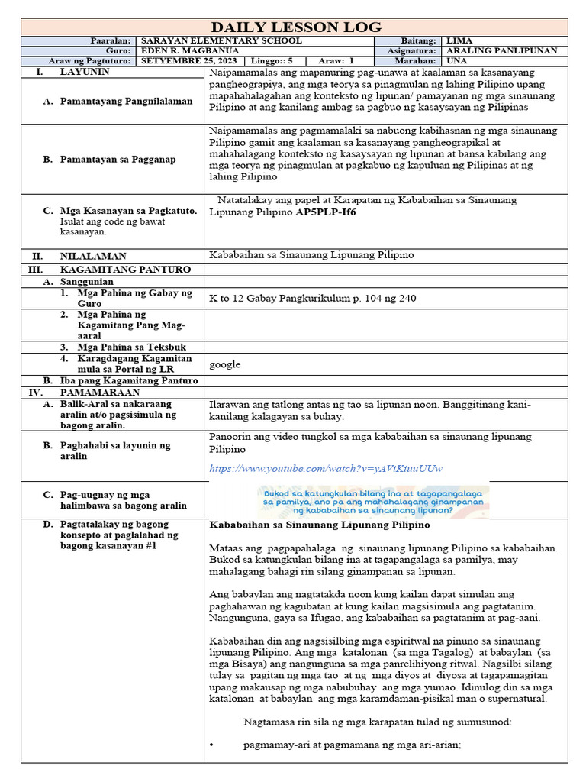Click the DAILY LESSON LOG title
tap(295, 27)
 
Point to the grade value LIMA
tap(458, 40)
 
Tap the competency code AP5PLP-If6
tap(326, 212)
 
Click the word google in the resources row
tap(224, 364)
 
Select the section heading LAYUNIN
tap(85, 71)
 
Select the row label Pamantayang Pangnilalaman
tap(126, 101)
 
